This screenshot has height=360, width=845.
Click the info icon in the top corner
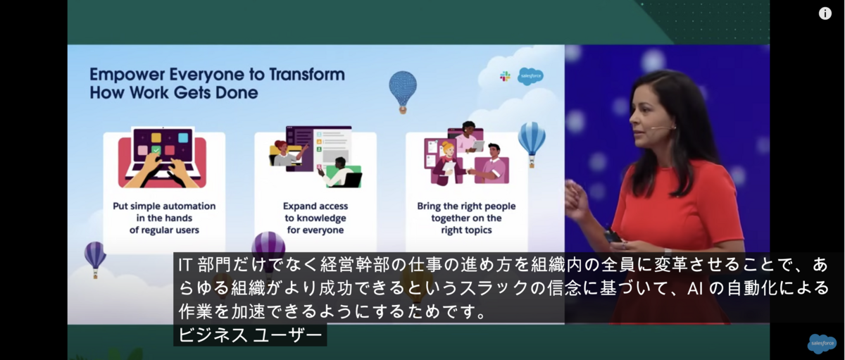click(825, 13)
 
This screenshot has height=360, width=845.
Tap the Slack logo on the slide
click(505, 76)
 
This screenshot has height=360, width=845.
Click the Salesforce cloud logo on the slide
click(530, 76)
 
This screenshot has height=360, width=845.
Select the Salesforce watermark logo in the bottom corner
click(822, 343)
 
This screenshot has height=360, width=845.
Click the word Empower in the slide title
click(127, 75)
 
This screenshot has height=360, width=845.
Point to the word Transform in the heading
click(307, 74)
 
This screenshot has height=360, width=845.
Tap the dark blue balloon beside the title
click(403, 92)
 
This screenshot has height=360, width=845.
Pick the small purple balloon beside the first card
click(95, 259)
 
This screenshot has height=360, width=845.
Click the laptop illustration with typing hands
click(162, 157)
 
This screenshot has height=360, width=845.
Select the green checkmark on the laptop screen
click(156, 150)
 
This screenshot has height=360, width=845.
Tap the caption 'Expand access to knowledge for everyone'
click(315, 218)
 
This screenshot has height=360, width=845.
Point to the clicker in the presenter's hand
click(612, 237)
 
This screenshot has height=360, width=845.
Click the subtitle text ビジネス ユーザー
click(250, 335)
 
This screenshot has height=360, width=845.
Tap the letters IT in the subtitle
click(184, 266)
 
